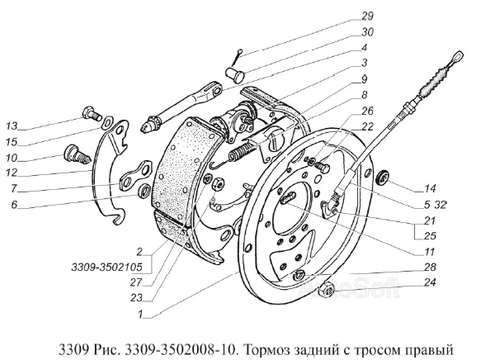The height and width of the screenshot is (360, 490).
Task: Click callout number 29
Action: pyautogui.click(x=368, y=16)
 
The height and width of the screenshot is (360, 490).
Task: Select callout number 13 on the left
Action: pyautogui.click(x=12, y=126)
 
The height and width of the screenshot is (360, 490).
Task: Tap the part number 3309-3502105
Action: pyautogui.click(x=107, y=268)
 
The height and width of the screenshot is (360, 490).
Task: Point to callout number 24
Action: pyautogui.click(x=430, y=282)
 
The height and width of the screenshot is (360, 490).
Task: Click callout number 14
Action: pyautogui.click(x=430, y=188)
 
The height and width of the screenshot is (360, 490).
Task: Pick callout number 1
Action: pyautogui.click(x=140, y=314)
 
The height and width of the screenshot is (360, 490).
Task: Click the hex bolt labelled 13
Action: pyautogui.click(x=92, y=113)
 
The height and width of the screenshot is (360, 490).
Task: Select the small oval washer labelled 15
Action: pyautogui.click(x=107, y=122)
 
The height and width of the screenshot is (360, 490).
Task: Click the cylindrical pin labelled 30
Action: pyautogui.click(x=235, y=73)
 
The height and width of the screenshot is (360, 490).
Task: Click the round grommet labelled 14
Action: pyautogui.click(x=383, y=178)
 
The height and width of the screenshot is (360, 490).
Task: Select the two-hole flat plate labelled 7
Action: pyautogui.click(x=136, y=176)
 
